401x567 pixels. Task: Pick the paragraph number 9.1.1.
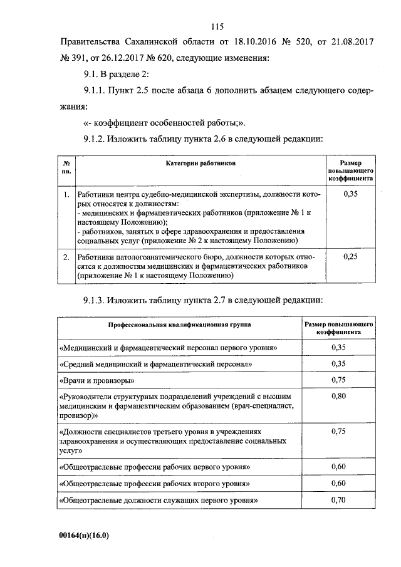tap(93, 91)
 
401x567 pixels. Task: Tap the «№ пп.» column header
tap(66, 166)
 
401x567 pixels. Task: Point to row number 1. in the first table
tap(66, 195)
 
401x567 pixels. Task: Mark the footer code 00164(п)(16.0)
tap(84, 536)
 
